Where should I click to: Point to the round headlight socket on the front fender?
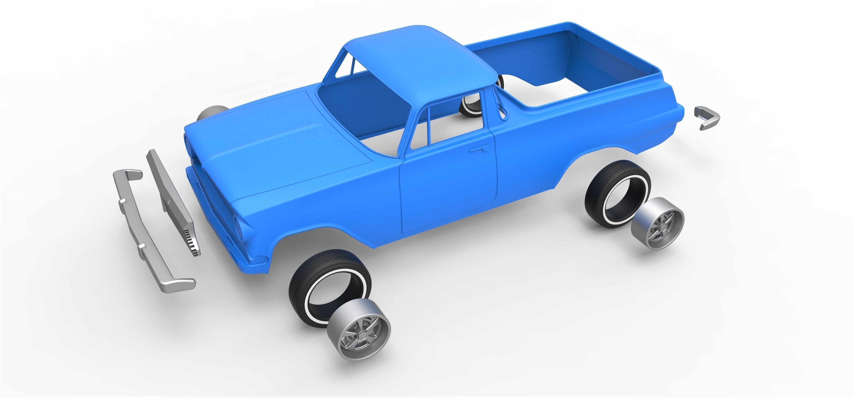(x=238, y=225)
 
